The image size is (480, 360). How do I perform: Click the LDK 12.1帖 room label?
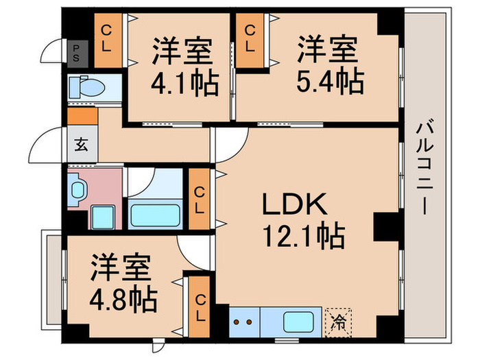click(301, 221)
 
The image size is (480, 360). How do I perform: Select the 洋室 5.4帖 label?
click(328, 67)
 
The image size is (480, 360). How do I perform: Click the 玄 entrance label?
click(81, 145)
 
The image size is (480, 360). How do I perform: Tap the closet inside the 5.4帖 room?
click(252, 40)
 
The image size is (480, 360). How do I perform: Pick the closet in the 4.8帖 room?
click(199, 306)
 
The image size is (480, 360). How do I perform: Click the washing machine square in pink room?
click(104, 217)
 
